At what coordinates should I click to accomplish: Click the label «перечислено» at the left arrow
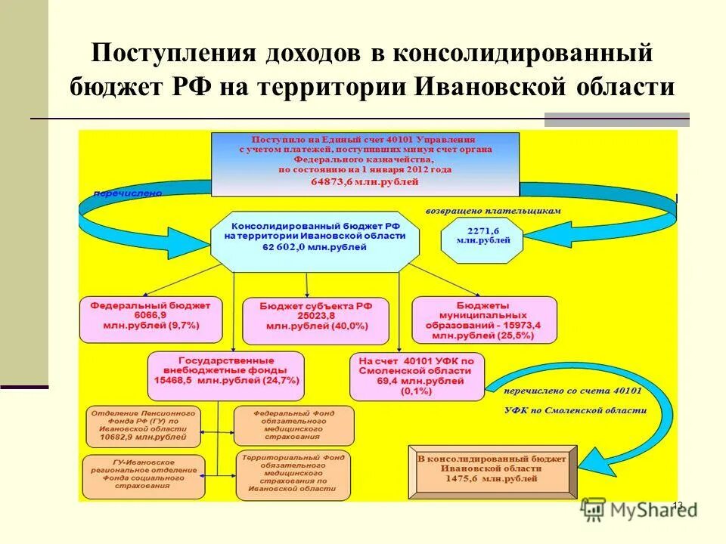click(x=128, y=193)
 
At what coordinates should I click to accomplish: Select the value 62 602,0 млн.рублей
click(x=314, y=247)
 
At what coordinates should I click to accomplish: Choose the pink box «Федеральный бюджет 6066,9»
click(x=150, y=319)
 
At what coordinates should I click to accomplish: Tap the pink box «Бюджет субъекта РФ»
click(x=315, y=320)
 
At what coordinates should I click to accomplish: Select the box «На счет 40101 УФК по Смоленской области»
click(x=417, y=376)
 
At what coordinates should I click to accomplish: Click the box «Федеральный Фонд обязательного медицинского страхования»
click(x=293, y=425)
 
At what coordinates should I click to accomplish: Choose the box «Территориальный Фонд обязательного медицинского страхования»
click(x=293, y=476)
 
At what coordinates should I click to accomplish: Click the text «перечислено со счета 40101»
click(x=573, y=391)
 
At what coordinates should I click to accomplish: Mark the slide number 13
click(x=677, y=505)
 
